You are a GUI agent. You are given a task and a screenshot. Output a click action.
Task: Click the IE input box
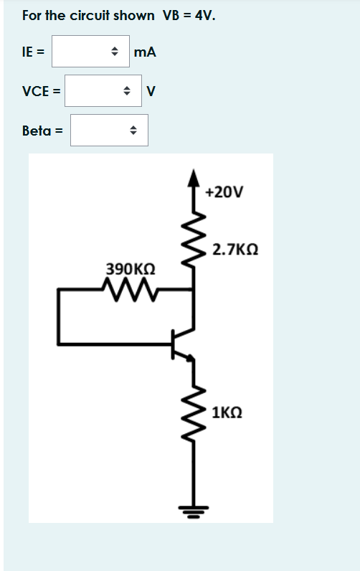[x=90, y=52]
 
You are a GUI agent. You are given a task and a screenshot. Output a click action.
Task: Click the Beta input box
[x=108, y=131]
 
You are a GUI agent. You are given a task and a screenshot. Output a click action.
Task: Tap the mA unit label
[x=145, y=52]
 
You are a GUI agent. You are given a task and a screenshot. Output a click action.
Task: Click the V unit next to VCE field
[x=150, y=91]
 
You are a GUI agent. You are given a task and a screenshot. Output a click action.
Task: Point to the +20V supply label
[x=224, y=192]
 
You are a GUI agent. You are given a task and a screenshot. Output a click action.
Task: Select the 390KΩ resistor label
[x=129, y=269]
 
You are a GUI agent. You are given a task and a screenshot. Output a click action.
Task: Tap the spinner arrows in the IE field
[x=113, y=52]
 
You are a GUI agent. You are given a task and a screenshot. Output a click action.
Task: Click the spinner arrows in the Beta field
[x=132, y=131]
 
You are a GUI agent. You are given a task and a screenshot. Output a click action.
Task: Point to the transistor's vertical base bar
[x=173, y=344]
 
